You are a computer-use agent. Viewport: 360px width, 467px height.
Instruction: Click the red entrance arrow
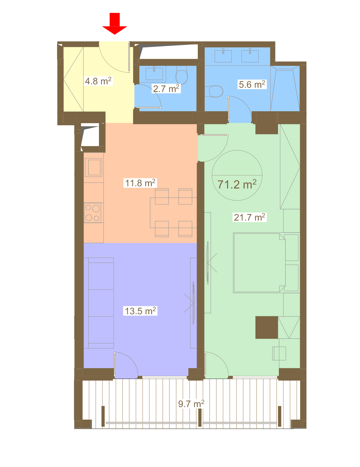pos(114,24)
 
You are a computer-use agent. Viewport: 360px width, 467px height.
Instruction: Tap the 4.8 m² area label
pos(98,81)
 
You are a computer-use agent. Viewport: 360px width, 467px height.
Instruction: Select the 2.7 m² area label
pos(166,89)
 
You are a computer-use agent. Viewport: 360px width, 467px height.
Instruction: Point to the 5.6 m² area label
pos(252,84)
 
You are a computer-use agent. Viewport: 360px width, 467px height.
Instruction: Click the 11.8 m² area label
pos(140,183)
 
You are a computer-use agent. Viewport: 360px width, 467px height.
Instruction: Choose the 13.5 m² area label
pos(140,311)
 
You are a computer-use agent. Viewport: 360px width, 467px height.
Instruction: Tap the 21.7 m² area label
pos(249,217)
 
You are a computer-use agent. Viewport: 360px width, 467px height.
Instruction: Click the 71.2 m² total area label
pos(237,185)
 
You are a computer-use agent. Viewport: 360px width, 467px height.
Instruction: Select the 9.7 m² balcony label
pos(191,404)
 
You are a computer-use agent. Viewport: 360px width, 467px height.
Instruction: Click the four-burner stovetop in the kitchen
pos(92,213)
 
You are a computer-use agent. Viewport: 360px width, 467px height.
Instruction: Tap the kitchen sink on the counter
pos(93,167)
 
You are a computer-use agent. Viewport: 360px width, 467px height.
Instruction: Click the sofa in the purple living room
pos(98,303)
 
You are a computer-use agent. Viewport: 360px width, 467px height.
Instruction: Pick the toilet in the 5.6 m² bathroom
pos(214,91)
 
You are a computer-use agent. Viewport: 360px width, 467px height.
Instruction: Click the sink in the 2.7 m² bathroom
pos(154,74)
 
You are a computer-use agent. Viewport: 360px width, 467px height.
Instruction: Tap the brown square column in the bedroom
pos(267,327)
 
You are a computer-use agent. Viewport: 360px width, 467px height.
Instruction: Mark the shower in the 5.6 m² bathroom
pos(285,89)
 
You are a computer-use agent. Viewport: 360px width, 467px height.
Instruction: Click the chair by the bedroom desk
pos(279,353)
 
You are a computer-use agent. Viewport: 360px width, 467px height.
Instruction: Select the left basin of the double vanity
pos(223,56)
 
